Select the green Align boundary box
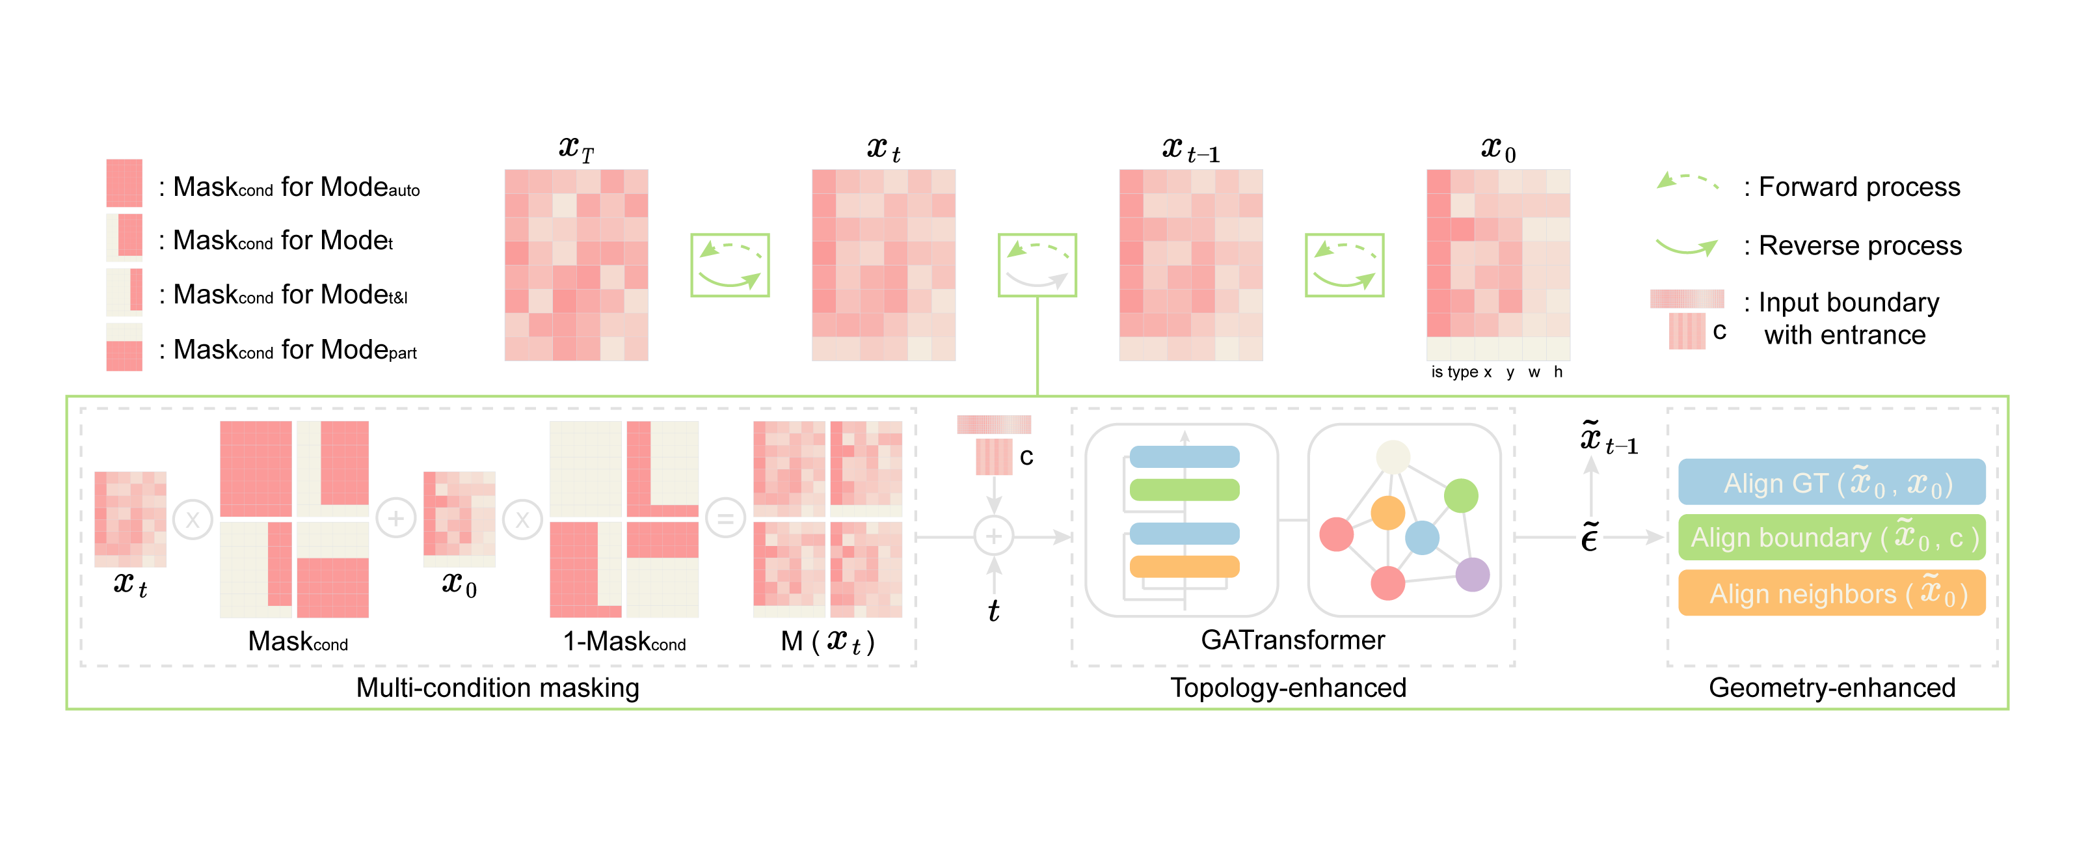1831,538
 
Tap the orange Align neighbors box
1831,593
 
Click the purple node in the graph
1473,575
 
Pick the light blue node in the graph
1422,538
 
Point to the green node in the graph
1460,495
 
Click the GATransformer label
1292,640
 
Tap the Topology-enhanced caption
1287,687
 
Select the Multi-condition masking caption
497,687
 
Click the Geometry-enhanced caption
1832,687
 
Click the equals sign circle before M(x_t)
725,519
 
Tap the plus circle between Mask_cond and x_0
395,518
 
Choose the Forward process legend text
1858,187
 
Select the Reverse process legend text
1859,246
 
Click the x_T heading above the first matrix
576,148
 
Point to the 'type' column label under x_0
1462,372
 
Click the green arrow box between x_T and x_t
730,265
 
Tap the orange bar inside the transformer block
1184,566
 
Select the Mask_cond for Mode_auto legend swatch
124,183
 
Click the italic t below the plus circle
993,610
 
